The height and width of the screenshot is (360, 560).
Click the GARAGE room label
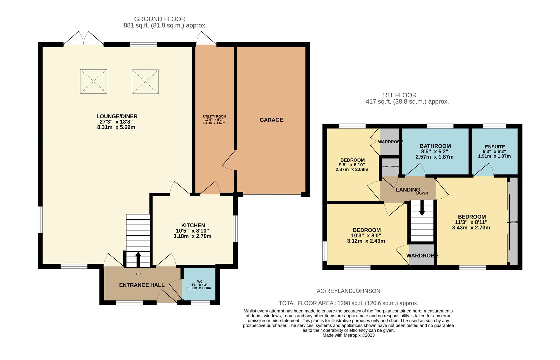point(271,120)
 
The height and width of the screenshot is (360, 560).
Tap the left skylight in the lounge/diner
point(93,81)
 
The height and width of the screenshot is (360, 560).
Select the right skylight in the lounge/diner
point(145,81)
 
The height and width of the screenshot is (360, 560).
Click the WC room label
point(200,281)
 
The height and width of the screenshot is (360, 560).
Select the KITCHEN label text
point(193,225)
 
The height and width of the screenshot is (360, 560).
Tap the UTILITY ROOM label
point(214,116)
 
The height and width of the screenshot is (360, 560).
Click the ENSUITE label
point(495,147)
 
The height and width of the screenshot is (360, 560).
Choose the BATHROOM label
point(435,146)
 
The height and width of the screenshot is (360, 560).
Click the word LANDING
point(407,190)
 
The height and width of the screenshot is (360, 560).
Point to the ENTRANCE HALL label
point(142,285)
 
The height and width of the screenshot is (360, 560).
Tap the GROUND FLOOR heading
point(160,19)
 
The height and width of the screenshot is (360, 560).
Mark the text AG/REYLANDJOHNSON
point(348,291)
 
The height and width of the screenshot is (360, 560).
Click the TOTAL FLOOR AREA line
point(348,303)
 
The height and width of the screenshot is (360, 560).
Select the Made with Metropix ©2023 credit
point(348,335)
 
